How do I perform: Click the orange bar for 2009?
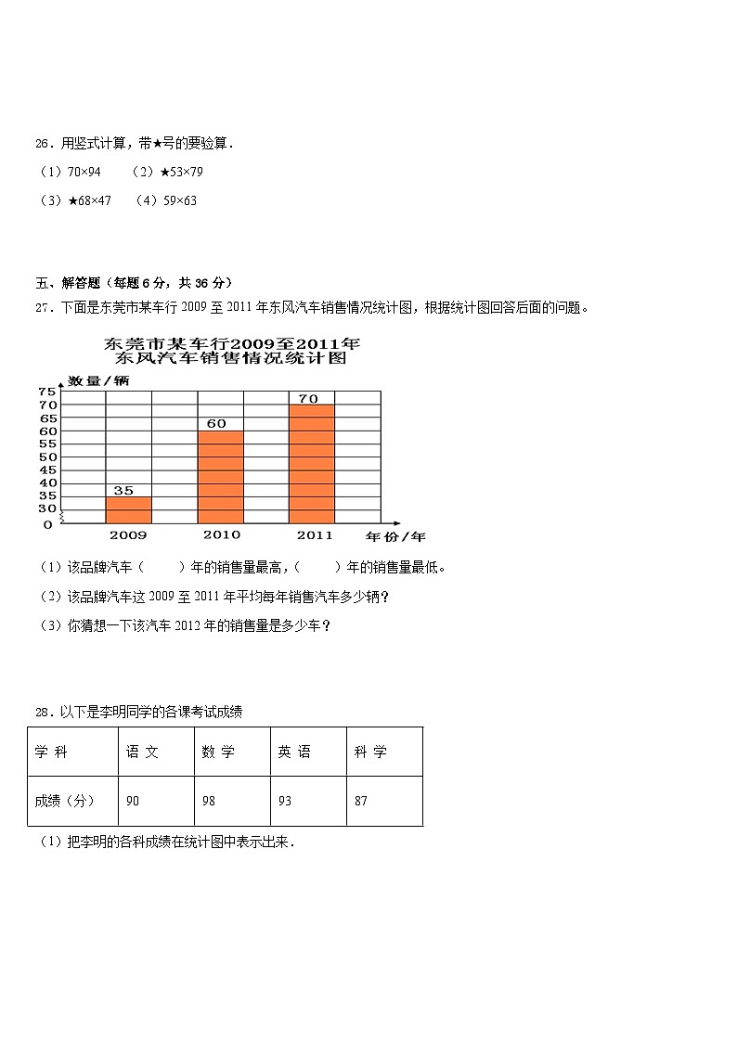click(128, 509)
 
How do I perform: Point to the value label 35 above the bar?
click(123, 490)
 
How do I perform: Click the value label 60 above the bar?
click(215, 423)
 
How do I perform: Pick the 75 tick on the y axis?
click(47, 392)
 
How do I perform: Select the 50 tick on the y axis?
click(47, 457)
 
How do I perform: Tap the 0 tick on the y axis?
click(47, 524)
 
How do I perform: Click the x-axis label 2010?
click(221, 534)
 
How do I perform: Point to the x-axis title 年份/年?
click(395, 536)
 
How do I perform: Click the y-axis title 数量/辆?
click(99, 380)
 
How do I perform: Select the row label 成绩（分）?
click(64, 801)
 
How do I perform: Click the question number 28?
click(43, 713)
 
